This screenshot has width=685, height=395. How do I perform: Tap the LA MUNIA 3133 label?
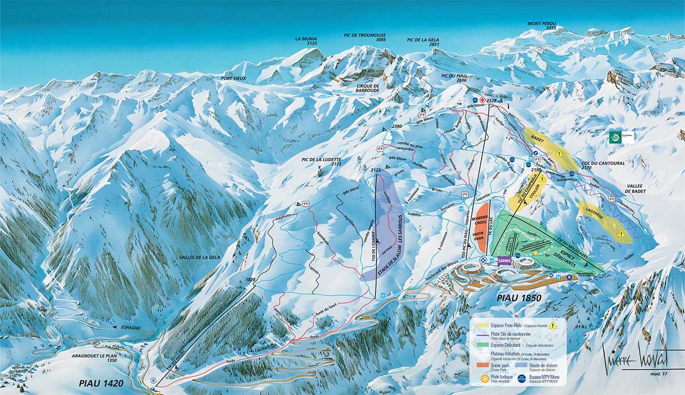point(306,40)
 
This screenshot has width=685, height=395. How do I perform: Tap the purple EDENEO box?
point(504,260)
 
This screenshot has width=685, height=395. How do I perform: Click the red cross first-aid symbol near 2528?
point(482,100)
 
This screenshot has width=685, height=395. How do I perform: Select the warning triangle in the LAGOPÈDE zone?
point(621,233)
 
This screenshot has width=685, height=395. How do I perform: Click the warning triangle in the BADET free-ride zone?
point(559,153)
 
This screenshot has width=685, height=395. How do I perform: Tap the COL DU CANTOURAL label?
point(603,165)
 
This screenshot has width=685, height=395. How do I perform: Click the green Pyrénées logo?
point(613,137)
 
